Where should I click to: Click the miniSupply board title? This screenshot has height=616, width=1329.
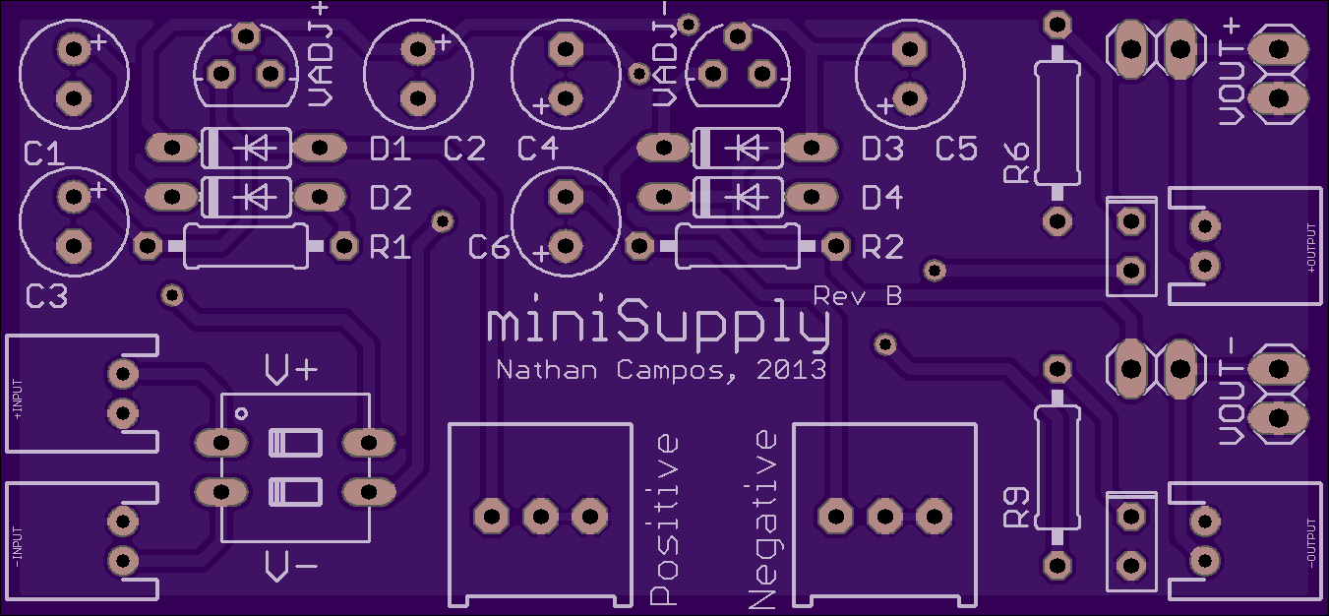pyautogui.click(x=658, y=324)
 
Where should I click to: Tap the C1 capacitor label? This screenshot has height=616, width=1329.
pyautogui.click(x=44, y=154)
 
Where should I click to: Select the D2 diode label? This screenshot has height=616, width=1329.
pyautogui.click(x=391, y=198)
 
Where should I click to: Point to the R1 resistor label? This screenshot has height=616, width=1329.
pyautogui.click(x=391, y=247)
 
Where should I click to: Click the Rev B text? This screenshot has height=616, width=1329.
pyautogui.click(x=858, y=295)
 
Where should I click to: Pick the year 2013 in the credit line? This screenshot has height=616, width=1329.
pyautogui.click(x=791, y=370)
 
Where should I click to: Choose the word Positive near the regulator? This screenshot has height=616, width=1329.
pyautogui.click(x=664, y=520)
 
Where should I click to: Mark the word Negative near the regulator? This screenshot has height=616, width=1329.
pyautogui.click(x=762, y=520)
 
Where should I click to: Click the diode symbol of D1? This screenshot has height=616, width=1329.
pyautogui.click(x=256, y=148)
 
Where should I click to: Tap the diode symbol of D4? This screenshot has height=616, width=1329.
pyautogui.click(x=748, y=197)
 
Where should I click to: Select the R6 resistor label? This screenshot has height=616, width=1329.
pyautogui.click(x=1016, y=161)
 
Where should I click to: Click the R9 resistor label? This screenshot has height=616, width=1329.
pyautogui.click(x=1016, y=508)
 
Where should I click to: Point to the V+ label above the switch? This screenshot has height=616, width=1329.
pyautogui.click(x=291, y=370)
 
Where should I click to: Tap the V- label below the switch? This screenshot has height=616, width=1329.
pyautogui.click(x=291, y=566)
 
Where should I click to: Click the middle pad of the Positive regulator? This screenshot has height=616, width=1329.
pyautogui.click(x=540, y=517)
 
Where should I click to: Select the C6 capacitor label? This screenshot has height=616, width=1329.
pyautogui.click(x=488, y=247)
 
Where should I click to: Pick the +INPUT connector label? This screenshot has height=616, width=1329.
pyautogui.click(x=17, y=400)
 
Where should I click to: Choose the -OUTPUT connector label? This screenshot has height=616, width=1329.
pyautogui.click(x=1310, y=543)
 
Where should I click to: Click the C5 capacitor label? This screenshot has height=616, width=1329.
pyautogui.click(x=956, y=149)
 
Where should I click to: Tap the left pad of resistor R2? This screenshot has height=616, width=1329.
pyautogui.click(x=639, y=246)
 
